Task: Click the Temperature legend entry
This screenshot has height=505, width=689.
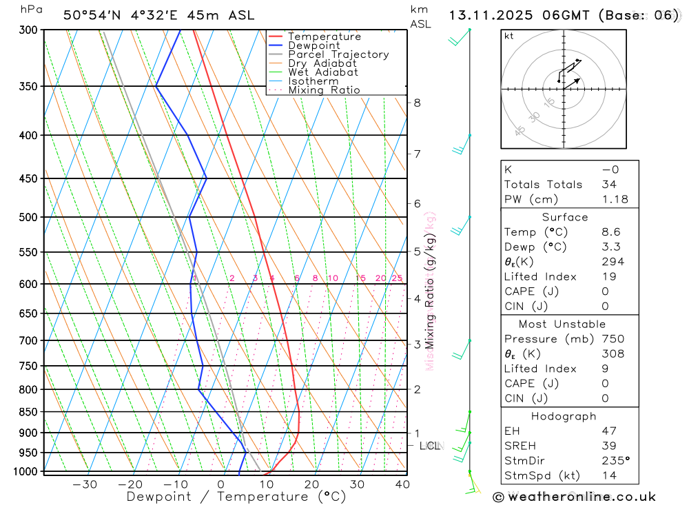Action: (x=324, y=37)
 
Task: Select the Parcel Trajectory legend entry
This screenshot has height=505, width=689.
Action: (x=338, y=54)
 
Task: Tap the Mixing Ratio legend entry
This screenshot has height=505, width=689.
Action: (x=324, y=90)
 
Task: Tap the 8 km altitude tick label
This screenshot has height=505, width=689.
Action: (x=417, y=103)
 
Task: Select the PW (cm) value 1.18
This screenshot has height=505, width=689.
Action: (x=615, y=199)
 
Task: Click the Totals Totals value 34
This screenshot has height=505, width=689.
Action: (x=609, y=184)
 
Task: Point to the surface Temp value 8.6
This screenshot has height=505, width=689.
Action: (x=610, y=232)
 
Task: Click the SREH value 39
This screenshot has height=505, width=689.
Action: (x=609, y=446)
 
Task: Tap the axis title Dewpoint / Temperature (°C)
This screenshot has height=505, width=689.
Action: (x=236, y=496)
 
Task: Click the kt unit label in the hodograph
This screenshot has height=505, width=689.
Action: (x=509, y=36)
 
